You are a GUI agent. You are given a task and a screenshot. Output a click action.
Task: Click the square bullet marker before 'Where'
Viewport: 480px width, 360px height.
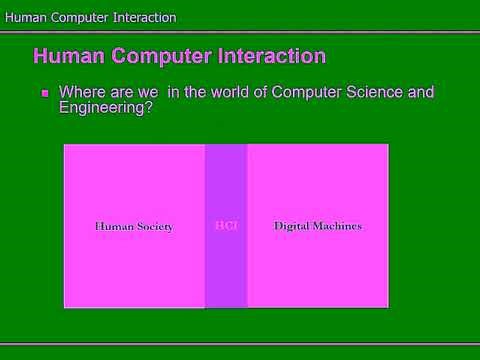(x=45, y=93)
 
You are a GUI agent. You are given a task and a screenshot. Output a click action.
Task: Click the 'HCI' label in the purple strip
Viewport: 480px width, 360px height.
(x=225, y=226)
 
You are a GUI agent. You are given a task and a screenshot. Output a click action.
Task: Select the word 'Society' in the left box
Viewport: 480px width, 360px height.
(x=153, y=226)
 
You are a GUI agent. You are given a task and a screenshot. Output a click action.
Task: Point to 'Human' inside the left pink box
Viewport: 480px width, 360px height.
(x=112, y=226)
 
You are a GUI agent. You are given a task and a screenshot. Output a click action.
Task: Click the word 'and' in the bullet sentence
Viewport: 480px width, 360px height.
(x=421, y=92)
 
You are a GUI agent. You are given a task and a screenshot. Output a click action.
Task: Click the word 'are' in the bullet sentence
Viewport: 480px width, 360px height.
(x=122, y=92)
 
